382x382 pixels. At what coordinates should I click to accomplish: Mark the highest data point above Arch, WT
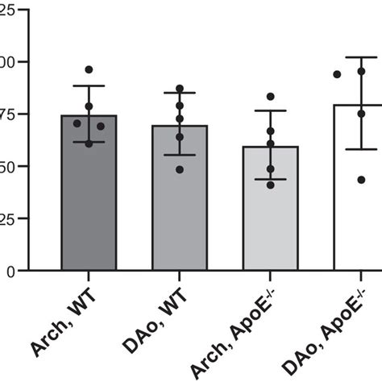coord(89,69)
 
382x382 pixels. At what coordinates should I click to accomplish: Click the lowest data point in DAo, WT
coord(179,169)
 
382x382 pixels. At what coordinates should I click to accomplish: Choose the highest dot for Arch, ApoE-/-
coord(270,97)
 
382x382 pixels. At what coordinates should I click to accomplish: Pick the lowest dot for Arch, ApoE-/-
coord(270,185)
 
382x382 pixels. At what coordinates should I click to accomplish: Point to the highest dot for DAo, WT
coord(179,89)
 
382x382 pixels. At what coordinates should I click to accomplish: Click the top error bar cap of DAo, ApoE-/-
coord(361,57)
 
